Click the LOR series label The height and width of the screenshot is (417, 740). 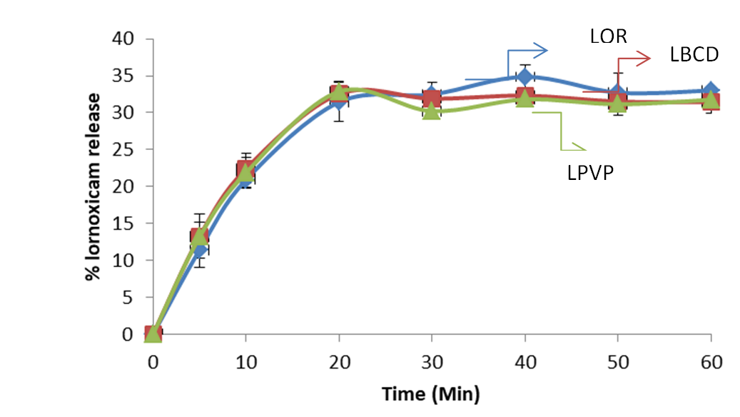click(x=608, y=36)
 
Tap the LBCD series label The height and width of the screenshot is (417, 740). click(x=694, y=54)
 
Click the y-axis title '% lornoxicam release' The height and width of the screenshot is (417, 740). click(x=93, y=186)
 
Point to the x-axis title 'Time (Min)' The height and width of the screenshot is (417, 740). click(x=430, y=393)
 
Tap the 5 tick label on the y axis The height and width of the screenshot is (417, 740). click(x=129, y=297)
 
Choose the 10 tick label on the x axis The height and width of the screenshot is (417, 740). click(x=245, y=362)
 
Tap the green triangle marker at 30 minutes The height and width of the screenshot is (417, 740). click(x=431, y=111)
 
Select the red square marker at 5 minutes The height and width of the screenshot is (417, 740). click(x=199, y=237)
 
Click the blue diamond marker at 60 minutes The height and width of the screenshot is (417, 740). click(x=710, y=91)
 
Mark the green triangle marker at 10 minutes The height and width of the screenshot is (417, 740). click(x=246, y=171)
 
